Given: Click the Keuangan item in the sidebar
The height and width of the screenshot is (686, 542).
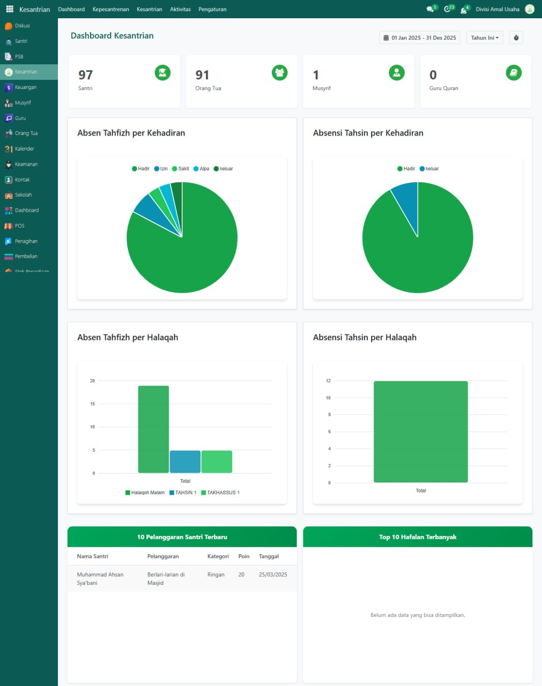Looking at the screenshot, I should (x=25, y=87).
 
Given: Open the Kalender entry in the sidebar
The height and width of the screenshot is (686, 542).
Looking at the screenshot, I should (x=24, y=149).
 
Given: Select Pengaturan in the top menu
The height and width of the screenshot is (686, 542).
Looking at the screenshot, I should (x=212, y=9).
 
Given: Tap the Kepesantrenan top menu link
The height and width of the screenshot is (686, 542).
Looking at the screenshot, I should (x=110, y=9).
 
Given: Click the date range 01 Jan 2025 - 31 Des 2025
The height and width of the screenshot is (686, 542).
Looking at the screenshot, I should (x=420, y=38).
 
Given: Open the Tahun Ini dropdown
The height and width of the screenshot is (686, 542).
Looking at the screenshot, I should (x=485, y=38).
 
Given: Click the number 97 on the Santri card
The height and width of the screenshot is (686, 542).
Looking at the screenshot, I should (x=85, y=75).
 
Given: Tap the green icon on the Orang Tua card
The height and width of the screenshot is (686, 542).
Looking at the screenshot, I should (x=279, y=73).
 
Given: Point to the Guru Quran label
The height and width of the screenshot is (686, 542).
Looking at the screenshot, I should (x=443, y=88).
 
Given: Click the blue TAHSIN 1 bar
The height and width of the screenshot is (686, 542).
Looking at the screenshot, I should (x=185, y=461).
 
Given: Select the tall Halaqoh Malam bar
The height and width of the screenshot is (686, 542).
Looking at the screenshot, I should (x=153, y=429).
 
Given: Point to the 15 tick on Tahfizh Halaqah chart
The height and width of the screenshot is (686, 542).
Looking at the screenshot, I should (x=93, y=404).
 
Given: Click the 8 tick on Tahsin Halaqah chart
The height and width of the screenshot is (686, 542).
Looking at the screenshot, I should (x=329, y=415).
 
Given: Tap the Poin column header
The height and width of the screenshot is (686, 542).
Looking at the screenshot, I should (x=244, y=556).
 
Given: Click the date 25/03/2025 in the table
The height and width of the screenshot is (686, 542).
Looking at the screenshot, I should (x=273, y=575).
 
